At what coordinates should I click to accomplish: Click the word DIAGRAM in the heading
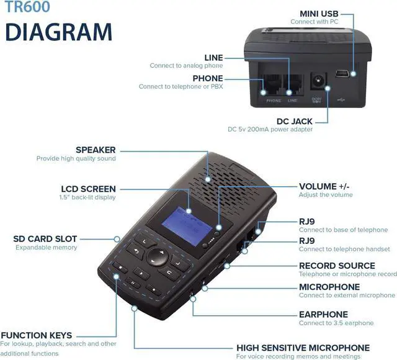[59, 32]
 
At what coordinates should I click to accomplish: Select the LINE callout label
[213, 58]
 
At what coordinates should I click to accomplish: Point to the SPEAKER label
[96, 150]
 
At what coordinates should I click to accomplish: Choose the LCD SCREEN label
[88, 189]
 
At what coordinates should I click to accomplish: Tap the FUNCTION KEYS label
[36, 335]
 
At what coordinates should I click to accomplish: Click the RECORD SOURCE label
[337, 266]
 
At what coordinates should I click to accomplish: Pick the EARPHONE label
[323, 314]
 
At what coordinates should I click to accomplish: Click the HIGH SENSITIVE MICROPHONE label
[303, 348]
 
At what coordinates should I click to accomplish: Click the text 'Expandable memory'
[47, 248]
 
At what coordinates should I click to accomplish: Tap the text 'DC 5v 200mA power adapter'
[270, 130]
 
